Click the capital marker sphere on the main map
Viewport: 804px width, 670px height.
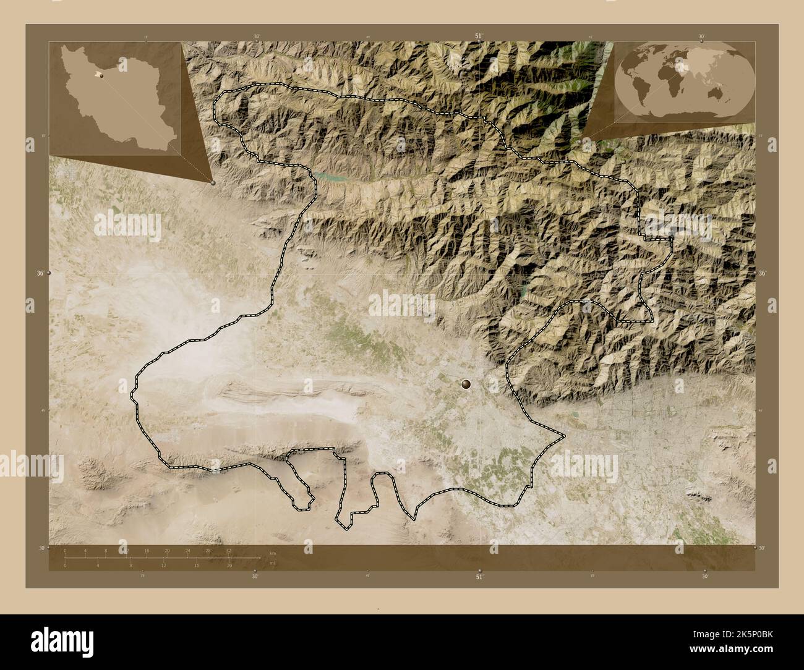coord(465,384)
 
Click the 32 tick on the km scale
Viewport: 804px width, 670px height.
coord(229,550)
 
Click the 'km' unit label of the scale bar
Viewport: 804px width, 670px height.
coord(273,553)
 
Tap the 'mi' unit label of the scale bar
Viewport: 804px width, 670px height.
coord(273,563)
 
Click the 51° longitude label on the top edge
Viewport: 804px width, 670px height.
coord(479,36)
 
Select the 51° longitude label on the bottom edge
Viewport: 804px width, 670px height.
coord(479,577)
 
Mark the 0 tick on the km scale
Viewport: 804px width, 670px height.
coord(65,550)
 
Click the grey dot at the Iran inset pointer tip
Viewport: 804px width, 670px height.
coord(213,183)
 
